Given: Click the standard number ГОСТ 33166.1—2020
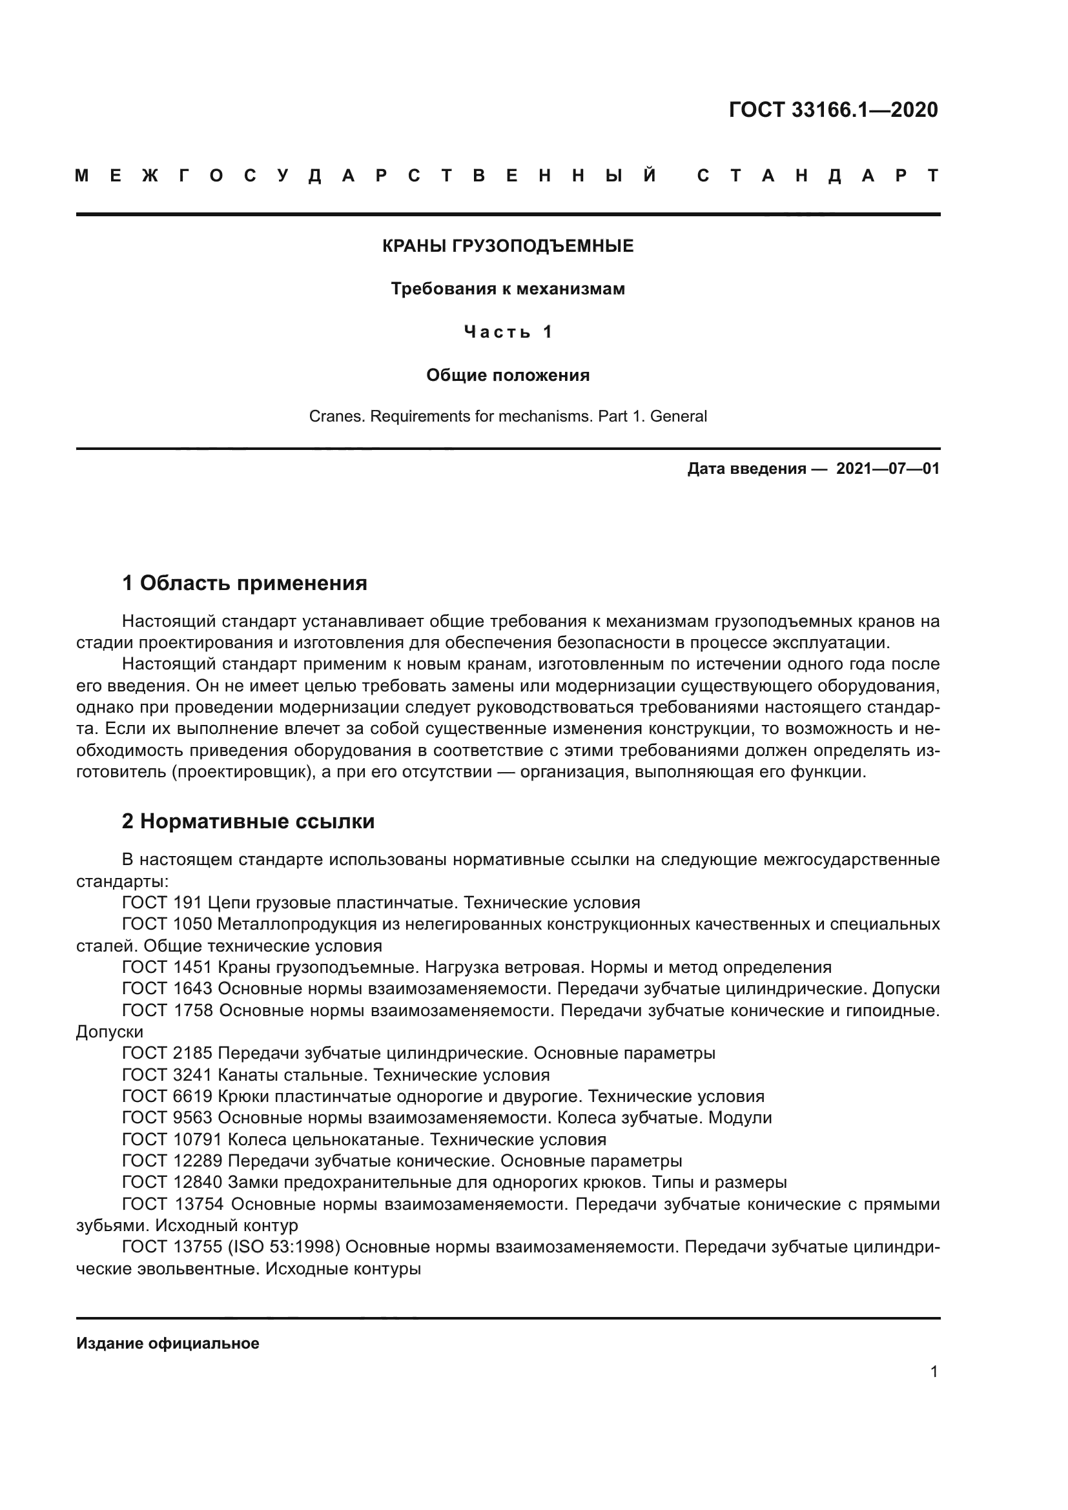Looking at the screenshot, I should [x=832, y=110].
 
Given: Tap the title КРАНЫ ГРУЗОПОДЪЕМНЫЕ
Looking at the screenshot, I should [x=508, y=246].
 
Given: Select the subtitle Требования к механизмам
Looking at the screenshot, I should [x=508, y=289].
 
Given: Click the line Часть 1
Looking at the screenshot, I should [x=508, y=332].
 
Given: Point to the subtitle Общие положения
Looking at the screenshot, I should [x=508, y=376].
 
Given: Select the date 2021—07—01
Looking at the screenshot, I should [x=887, y=469].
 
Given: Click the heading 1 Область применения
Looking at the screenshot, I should [x=245, y=583].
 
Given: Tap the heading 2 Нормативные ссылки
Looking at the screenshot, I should [x=248, y=821].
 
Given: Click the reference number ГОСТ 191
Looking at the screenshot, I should [x=162, y=903].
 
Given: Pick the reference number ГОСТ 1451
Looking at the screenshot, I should [x=167, y=968].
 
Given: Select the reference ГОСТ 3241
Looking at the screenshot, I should [x=167, y=1076].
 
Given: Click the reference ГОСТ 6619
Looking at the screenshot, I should [x=167, y=1096].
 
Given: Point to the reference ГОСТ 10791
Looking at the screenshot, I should [x=172, y=1139].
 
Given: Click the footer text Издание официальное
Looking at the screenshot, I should [x=168, y=1343].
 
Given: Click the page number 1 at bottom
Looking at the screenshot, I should [x=934, y=1372].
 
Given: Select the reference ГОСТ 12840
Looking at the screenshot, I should [x=172, y=1183].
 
